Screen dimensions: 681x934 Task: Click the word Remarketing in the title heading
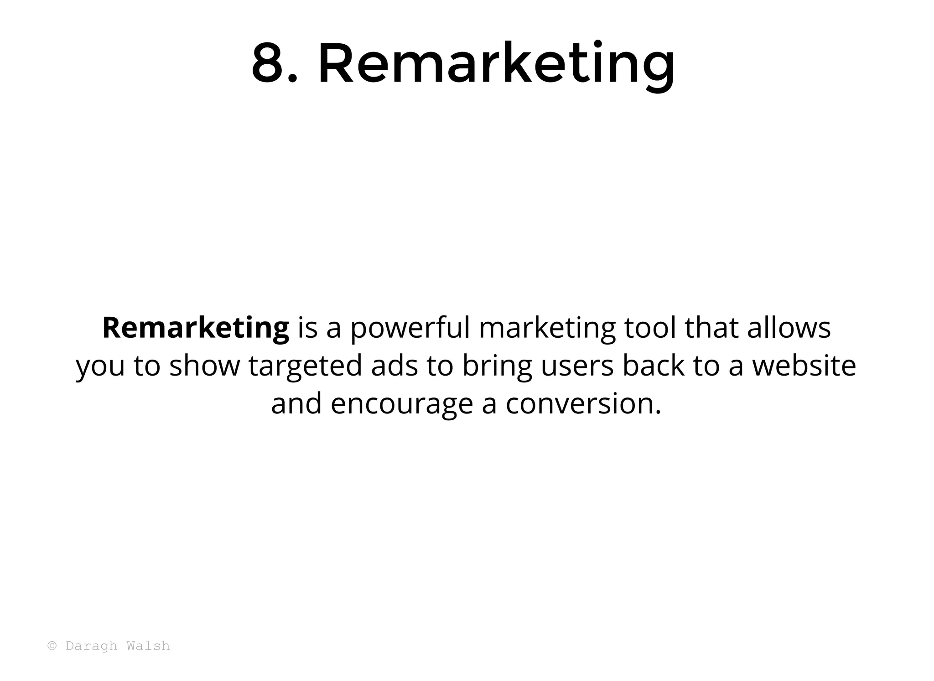tap(496, 64)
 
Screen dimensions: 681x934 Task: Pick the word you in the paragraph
tap(100, 366)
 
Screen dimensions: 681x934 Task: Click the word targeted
tap(305, 366)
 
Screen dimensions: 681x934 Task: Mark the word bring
tap(497, 366)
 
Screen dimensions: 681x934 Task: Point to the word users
tap(577, 366)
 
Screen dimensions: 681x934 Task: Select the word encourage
tap(402, 404)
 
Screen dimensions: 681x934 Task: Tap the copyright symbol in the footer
tap(52, 646)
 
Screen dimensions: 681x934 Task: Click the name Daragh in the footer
tap(91, 646)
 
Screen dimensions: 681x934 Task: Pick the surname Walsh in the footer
tap(148, 646)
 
